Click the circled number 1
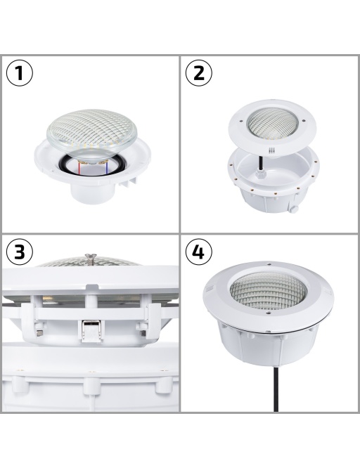coord(20,73)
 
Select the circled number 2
coord(199,73)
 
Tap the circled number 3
coord(20,252)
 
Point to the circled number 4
coord(199,252)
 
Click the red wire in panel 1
coord(79,168)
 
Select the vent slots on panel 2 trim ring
coord(271,151)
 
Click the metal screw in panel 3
coord(89,260)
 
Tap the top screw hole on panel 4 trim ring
coord(269,264)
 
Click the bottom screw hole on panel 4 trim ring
coord(268,313)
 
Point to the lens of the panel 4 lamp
coord(268,290)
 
